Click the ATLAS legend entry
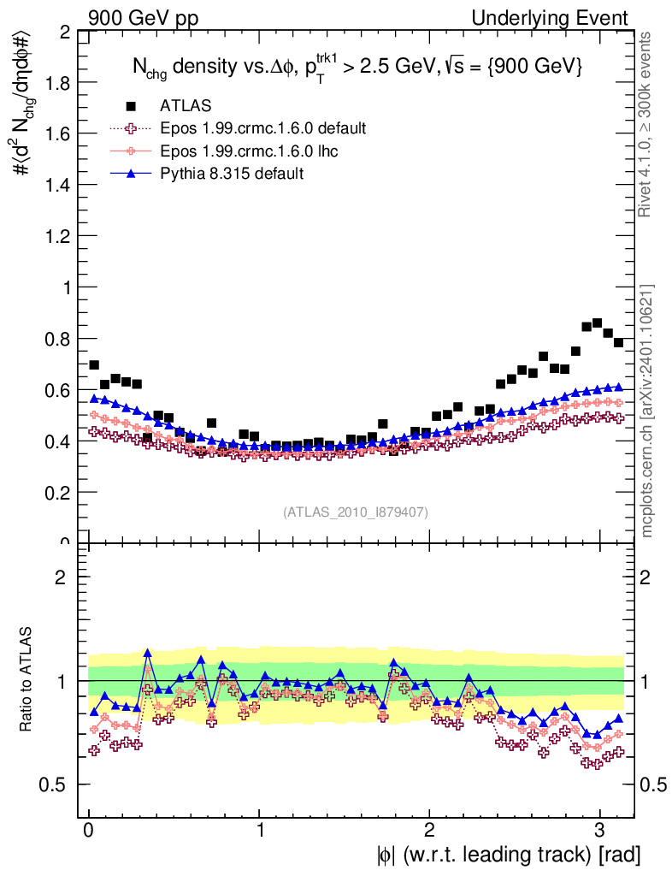coord(186,106)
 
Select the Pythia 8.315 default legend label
coord(232,173)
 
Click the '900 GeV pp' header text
coord(136,18)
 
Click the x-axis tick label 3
coord(599,831)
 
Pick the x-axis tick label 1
coord(259,831)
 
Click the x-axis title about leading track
coord(508,853)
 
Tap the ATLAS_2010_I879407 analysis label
coord(356,512)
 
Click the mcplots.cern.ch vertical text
coord(647,410)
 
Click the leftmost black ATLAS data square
coord(94,365)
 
